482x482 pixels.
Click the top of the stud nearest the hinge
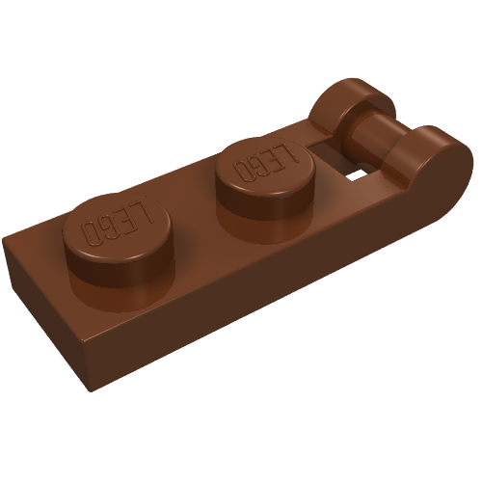pos(264,166)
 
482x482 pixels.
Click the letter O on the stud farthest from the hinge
pos(91,232)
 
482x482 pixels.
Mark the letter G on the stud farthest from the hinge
pos(107,226)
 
